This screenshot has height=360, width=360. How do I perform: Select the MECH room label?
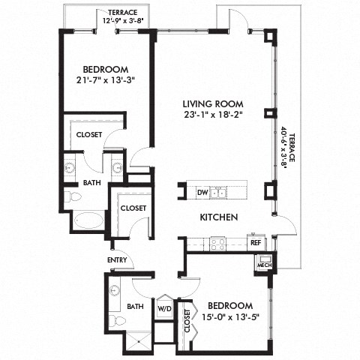pos(264,265)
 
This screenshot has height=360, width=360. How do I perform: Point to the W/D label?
pos(163,308)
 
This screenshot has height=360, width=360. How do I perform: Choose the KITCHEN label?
pos(218,217)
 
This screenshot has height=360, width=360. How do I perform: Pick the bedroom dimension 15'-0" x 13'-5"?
pos(231,316)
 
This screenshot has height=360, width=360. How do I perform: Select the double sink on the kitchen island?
pos(218,193)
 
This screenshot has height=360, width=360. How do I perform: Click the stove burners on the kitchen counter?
pos(217,243)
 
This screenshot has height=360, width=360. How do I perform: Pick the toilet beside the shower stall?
pos(115,321)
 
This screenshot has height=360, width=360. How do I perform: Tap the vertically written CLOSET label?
pos(187,321)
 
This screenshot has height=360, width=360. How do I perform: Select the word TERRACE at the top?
pos(123,12)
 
